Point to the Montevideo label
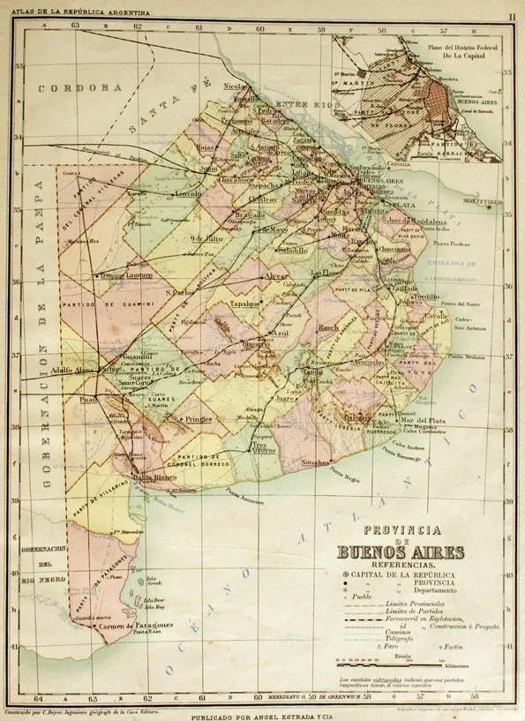[477, 201]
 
